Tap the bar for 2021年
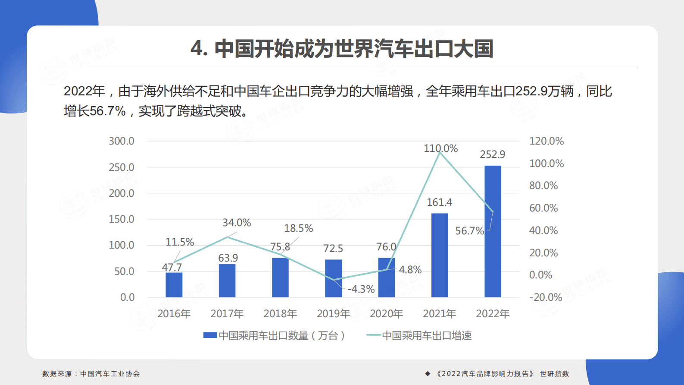[x=439, y=255]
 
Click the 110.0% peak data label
[x=440, y=148]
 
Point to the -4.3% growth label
[x=361, y=289]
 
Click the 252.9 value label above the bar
[x=492, y=155]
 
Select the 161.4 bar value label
[x=439, y=202]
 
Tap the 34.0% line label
[x=236, y=223]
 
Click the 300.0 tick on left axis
[x=121, y=141]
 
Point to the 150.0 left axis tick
[x=121, y=219]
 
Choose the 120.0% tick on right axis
[x=546, y=141]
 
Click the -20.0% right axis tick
[x=546, y=297]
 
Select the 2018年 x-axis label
[x=280, y=314]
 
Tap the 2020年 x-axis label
[x=386, y=314]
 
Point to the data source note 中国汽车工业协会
[x=110, y=374]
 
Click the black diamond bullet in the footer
[x=428, y=374]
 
